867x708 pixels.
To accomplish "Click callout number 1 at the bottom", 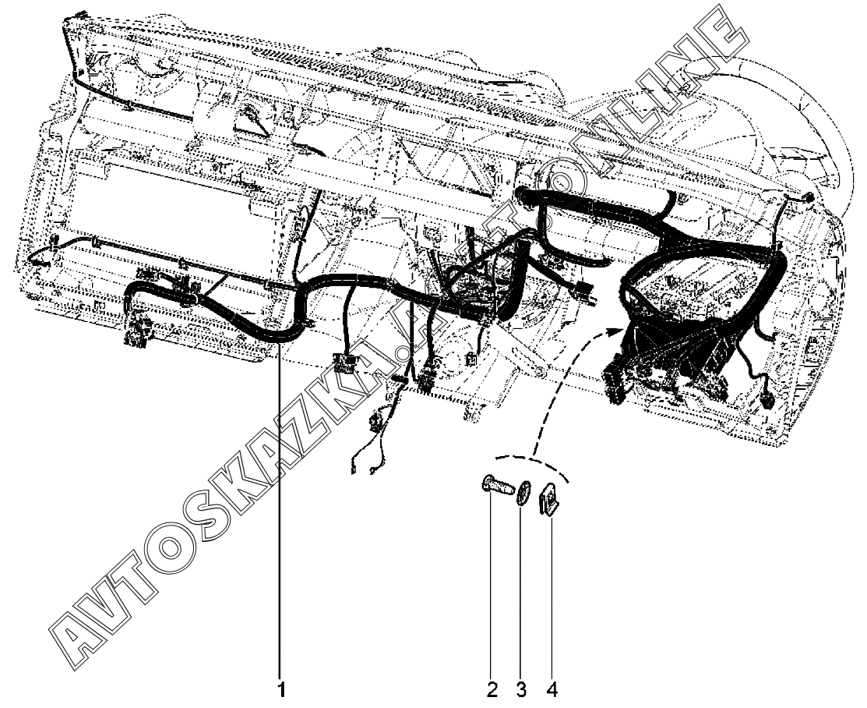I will click(283, 690).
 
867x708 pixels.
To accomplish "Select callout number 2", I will click(492, 690).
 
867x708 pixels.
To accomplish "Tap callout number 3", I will click(521, 690).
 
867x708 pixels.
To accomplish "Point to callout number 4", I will click(552, 690).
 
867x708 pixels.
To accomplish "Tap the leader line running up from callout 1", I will click(282, 507).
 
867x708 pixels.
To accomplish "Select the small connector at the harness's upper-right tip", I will click(809, 200).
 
